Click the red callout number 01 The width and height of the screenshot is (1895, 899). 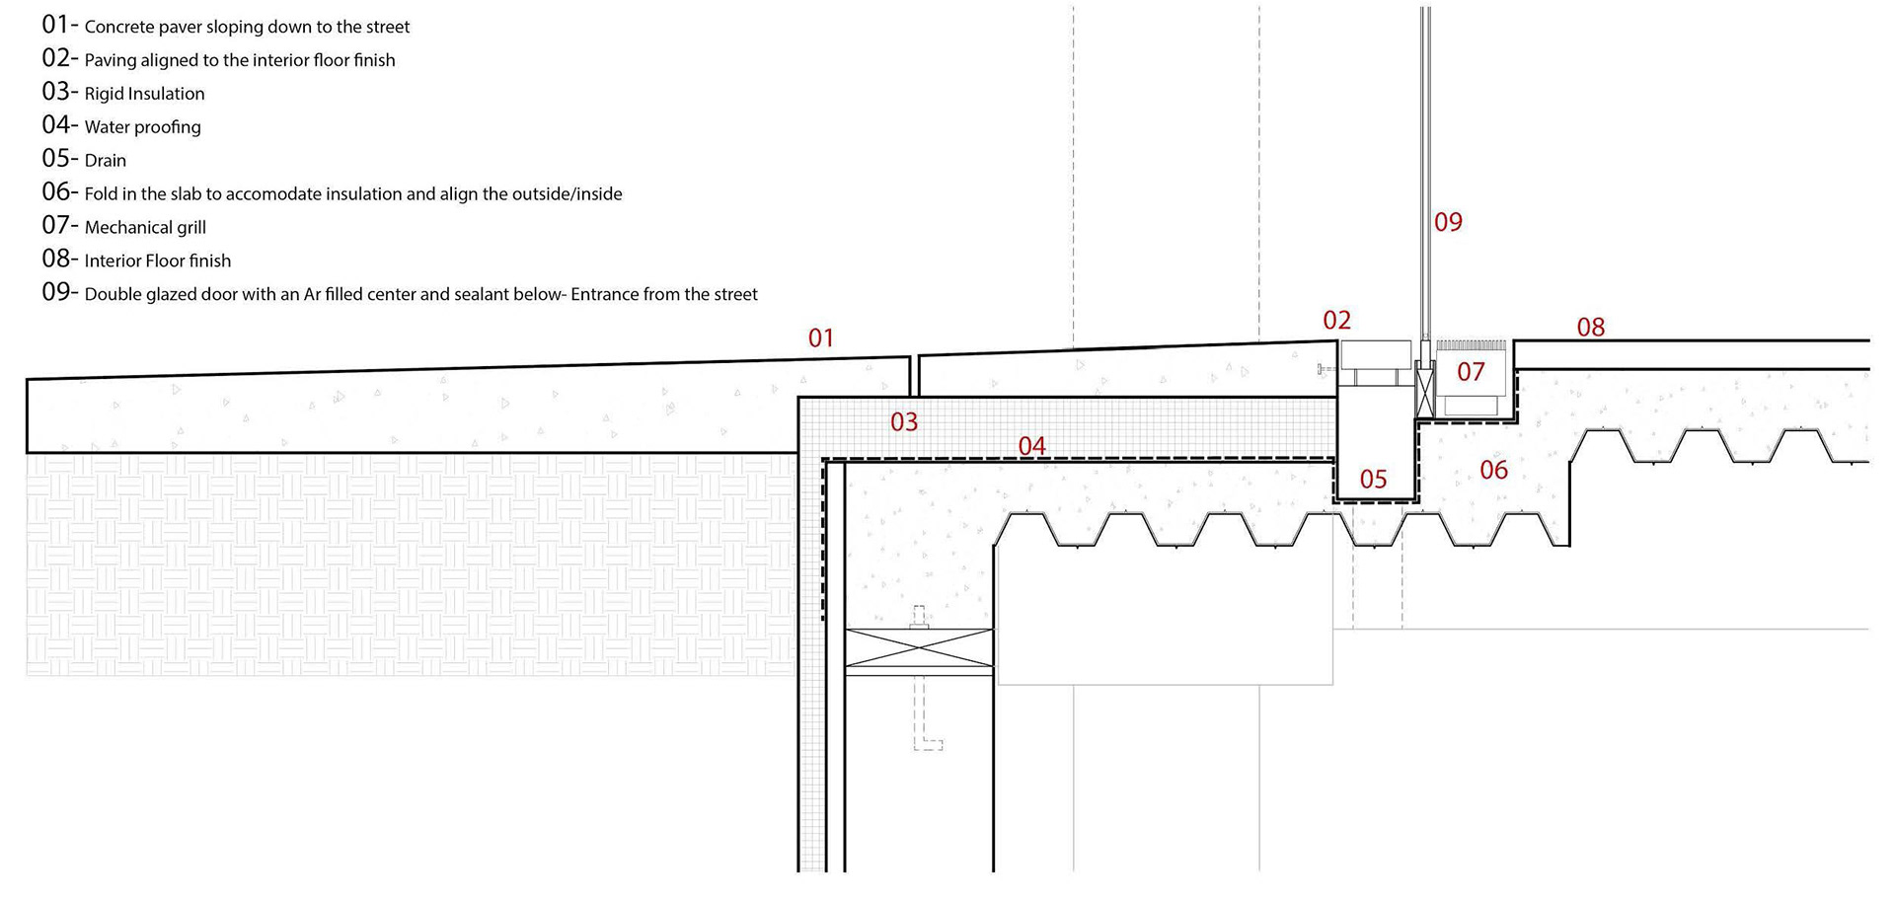click(821, 338)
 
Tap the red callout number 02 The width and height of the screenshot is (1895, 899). click(1336, 320)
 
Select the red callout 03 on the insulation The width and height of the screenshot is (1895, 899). click(904, 422)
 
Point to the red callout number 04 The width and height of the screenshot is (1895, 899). click(1031, 446)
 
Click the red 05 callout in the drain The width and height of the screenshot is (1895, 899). click(1373, 480)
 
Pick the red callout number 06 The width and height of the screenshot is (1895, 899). click(1493, 470)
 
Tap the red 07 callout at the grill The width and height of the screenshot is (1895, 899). click(1471, 372)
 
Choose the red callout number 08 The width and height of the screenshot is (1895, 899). click(1590, 327)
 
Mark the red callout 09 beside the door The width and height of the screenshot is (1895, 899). click(1448, 222)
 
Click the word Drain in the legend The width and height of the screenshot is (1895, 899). click(106, 161)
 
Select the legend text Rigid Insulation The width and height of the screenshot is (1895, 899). click(144, 94)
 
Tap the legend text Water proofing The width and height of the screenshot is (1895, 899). click(142, 127)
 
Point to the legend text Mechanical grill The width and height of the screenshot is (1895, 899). click(145, 228)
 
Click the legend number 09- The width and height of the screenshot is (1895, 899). click(59, 293)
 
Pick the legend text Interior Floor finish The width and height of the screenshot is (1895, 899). click(158, 262)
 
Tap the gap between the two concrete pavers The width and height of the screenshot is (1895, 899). click(914, 375)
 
